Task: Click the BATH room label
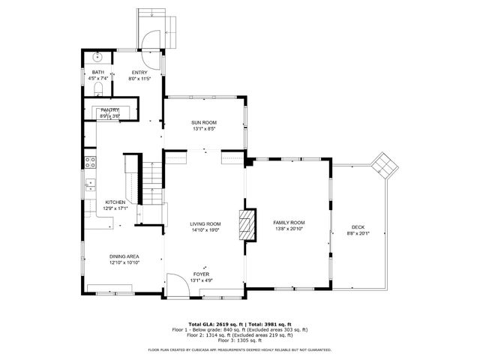[97, 72]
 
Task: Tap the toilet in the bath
[98, 88]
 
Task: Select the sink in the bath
[97, 56]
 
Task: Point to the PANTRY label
[110, 110]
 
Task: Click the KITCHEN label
[115, 202]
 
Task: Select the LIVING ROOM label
[205, 224]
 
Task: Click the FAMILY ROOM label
[289, 223]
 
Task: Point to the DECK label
[358, 228]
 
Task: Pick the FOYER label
[201, 274]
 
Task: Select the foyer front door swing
[178, 284]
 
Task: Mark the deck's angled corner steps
[384, 163]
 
